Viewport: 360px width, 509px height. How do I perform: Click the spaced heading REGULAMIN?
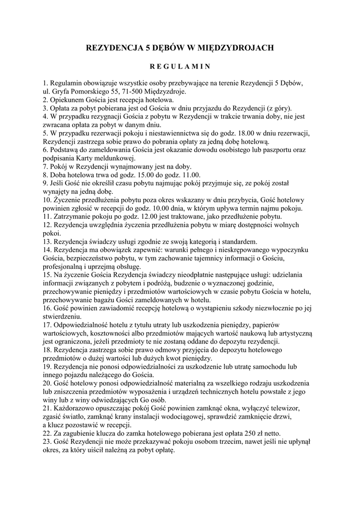point(180,66)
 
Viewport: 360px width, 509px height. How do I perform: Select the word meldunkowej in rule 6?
point(124,158)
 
